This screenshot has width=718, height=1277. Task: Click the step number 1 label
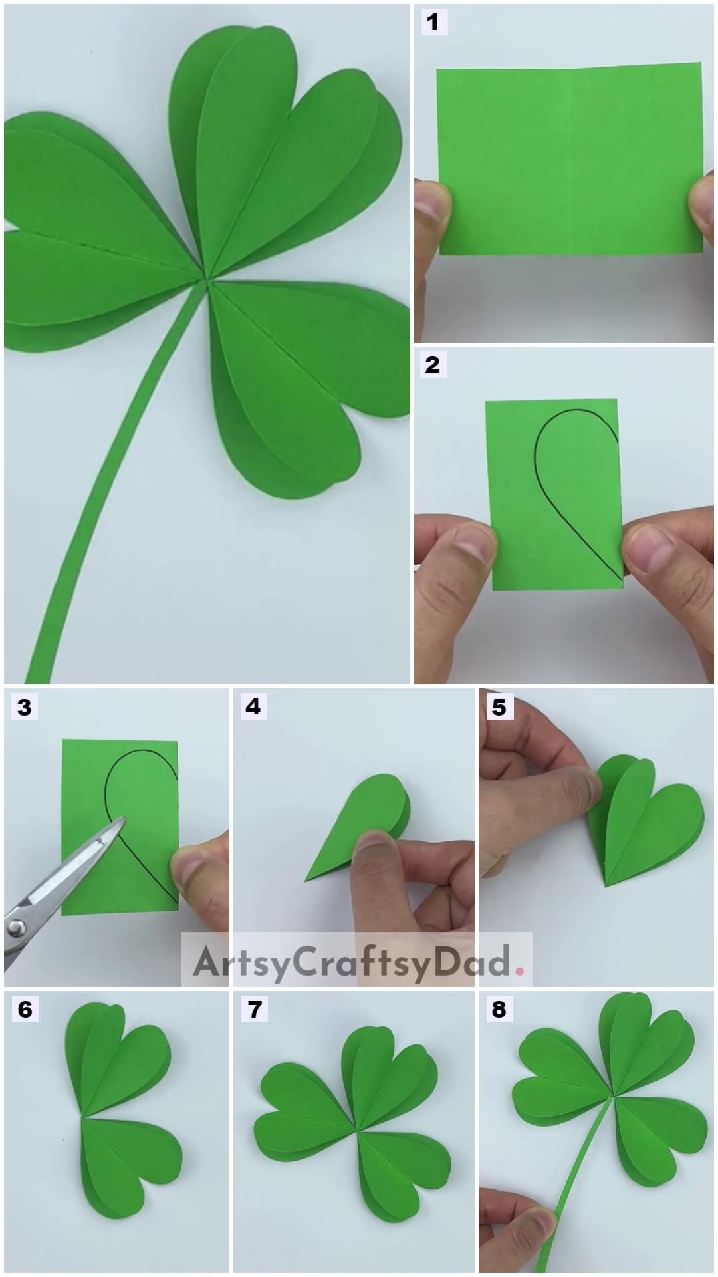[433, 23]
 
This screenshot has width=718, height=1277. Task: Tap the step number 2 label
[432, 364]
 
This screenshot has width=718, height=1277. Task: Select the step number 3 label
[25, 707]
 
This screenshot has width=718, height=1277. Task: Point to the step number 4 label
[253, 706]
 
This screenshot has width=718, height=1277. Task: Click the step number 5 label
[499, 707]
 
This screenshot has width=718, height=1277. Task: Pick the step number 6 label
[25, 1010]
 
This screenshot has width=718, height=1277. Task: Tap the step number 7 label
[254, 1010]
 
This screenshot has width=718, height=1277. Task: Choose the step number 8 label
[499, 1010]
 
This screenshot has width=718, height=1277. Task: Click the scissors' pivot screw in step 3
[15, 925]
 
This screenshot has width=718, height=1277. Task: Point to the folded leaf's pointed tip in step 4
[307, 880]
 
